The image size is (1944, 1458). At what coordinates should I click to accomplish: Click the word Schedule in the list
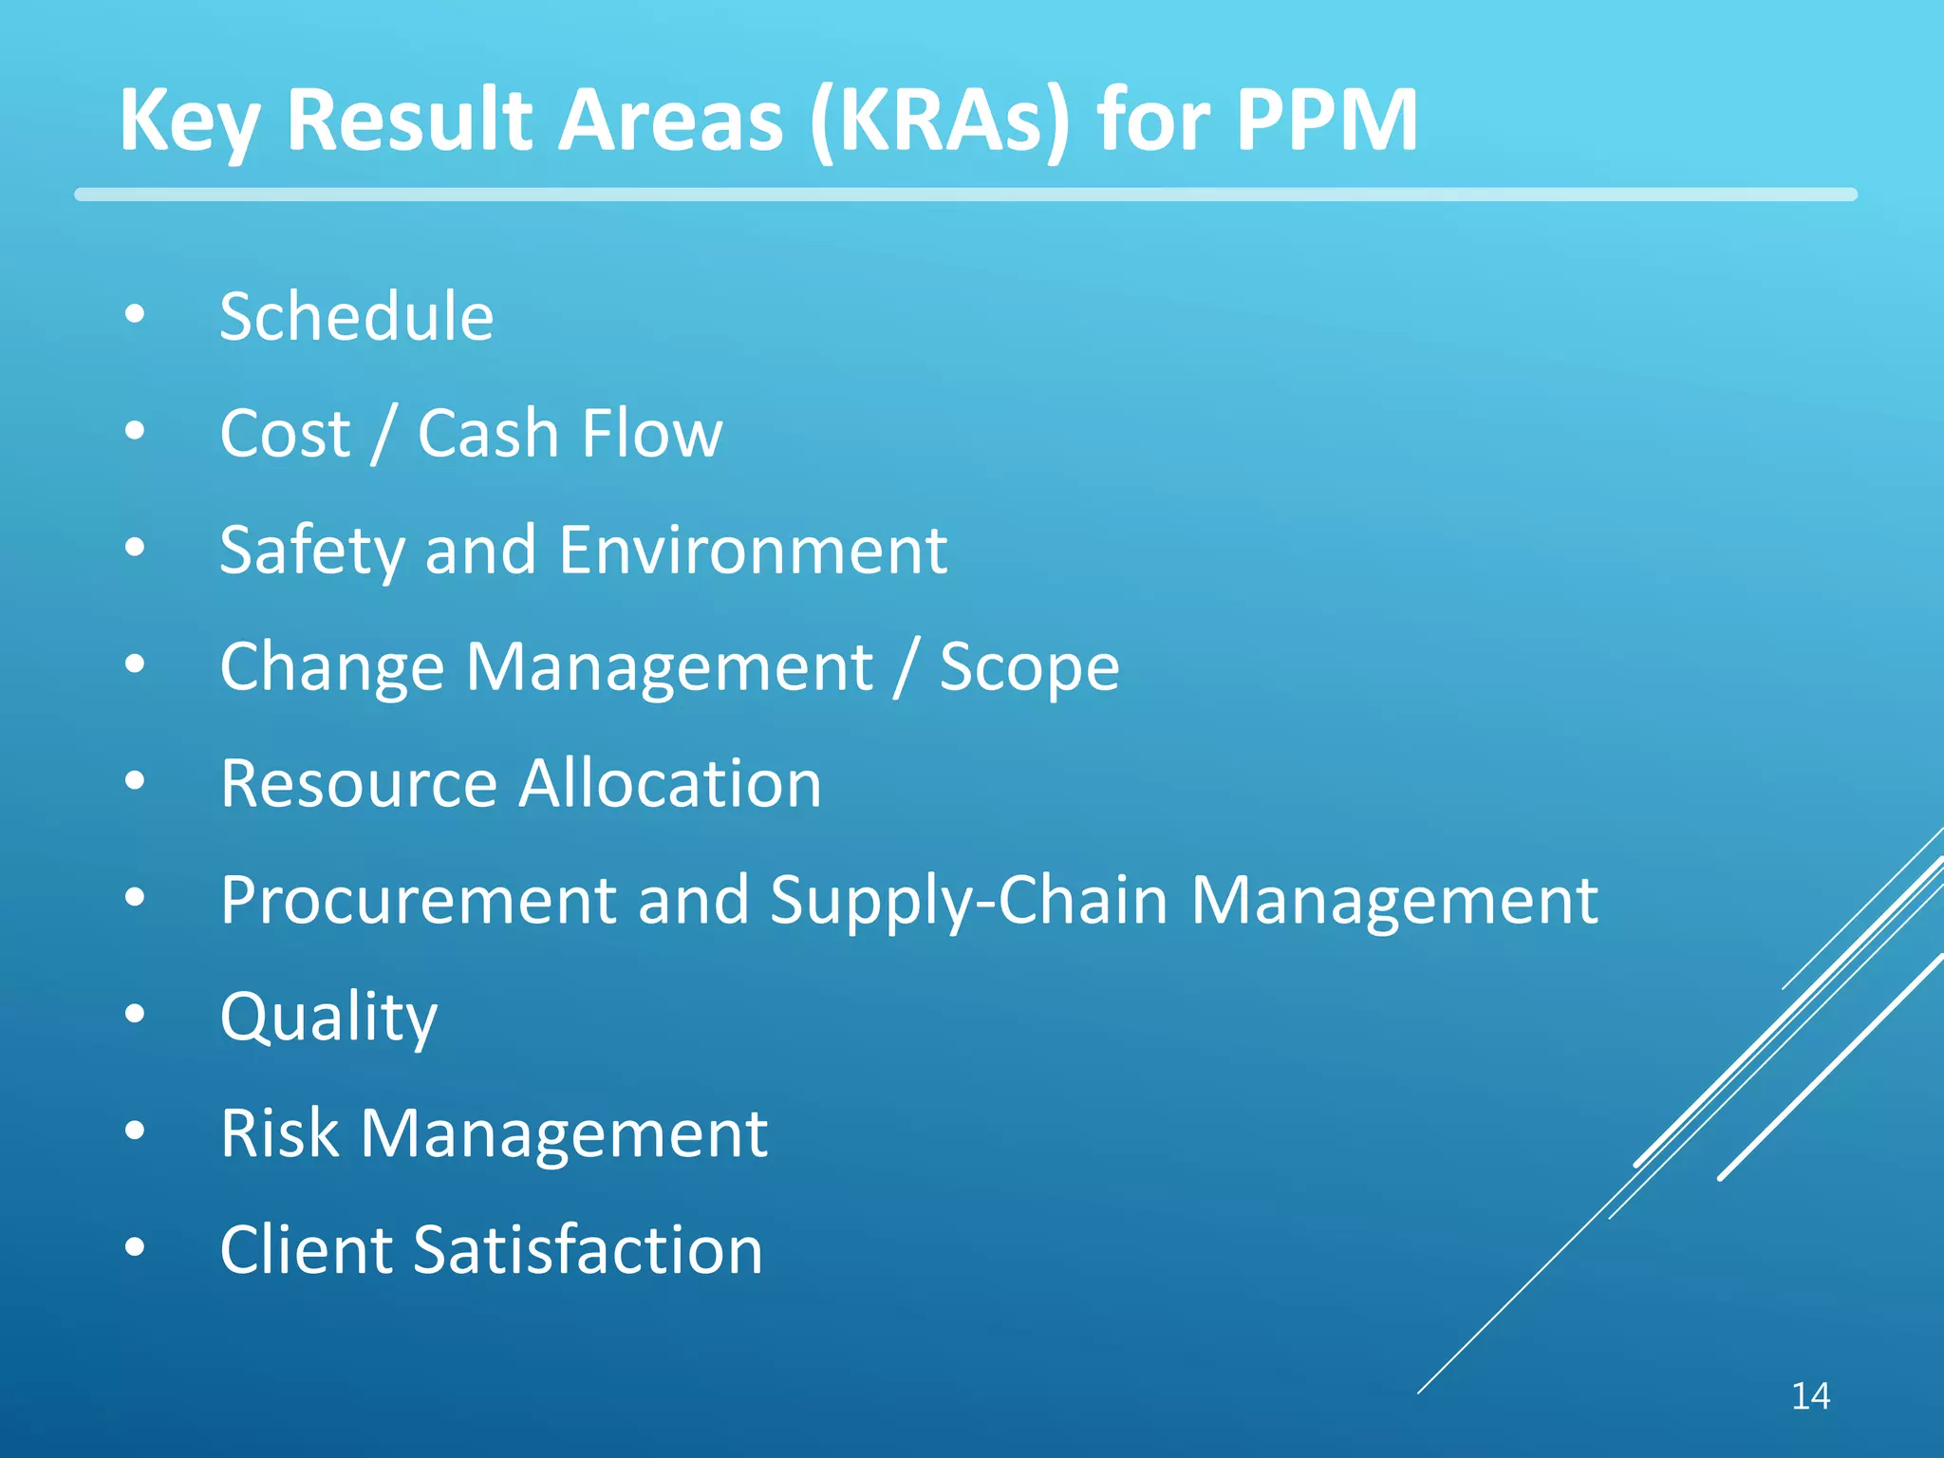click(356, 316)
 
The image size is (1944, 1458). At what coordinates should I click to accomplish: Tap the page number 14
click(1810, 1396)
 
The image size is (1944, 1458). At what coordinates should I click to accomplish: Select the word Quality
click(328, 1017)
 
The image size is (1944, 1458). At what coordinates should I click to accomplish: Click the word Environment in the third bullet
click(753, 550)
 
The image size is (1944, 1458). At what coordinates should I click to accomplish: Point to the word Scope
click(1029, 666)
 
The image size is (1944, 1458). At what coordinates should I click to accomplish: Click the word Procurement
click(418, 899)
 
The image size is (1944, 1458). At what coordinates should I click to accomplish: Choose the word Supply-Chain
click(968, 899)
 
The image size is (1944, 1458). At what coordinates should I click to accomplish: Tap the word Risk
click(279, 1132)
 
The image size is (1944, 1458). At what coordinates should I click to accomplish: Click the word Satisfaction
click(588, 1249)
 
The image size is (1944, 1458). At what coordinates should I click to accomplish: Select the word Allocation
click(670, 783)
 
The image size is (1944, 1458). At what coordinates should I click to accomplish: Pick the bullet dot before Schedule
click(135, 314)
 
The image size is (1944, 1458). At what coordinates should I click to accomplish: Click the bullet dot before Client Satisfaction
click(135, 1247)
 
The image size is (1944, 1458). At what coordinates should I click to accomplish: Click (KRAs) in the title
click(940, 120)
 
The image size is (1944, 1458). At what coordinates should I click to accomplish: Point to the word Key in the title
click(188, 120)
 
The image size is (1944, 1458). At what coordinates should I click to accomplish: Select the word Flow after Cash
click(652, 433)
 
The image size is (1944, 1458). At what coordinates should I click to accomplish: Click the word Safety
click(311, 550)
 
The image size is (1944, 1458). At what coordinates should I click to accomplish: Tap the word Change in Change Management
click(331, 666)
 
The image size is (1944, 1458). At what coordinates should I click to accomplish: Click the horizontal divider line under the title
click(965, 195)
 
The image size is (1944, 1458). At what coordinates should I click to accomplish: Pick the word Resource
click(358, 783)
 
